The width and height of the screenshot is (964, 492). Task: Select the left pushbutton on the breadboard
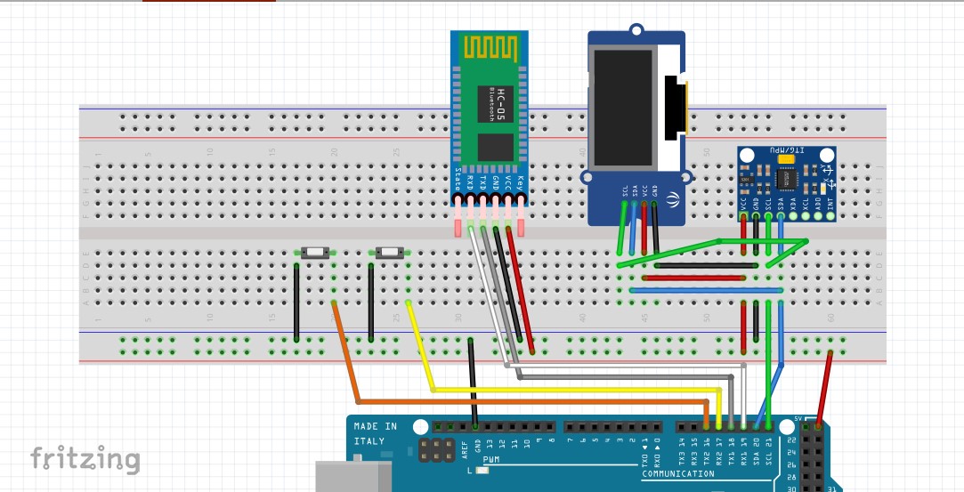pos(313,253)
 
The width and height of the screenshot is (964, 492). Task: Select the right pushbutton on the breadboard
pos(389,253)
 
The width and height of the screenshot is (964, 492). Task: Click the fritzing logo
pos(85,459)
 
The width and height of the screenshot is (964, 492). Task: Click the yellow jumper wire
pos(570,390)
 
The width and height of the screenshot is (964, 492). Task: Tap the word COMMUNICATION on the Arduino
pos(677,474)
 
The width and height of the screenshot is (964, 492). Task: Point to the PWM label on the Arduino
pos(492,460)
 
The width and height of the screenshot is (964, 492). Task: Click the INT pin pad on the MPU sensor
pos(830,215)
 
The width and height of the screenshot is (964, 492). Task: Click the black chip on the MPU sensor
pos(787,181)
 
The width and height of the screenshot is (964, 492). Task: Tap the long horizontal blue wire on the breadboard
pos(703,290)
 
